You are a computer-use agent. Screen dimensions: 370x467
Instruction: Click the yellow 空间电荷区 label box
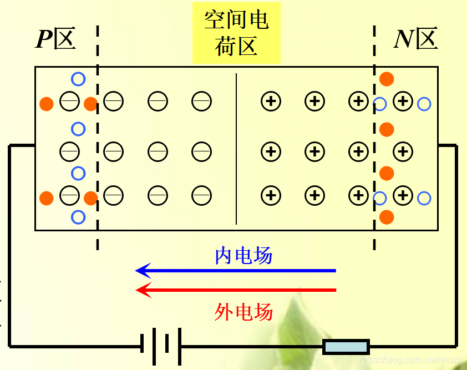coord(236,33)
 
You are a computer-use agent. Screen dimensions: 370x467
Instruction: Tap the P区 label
coord(55,39)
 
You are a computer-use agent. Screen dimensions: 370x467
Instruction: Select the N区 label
coord(415,39)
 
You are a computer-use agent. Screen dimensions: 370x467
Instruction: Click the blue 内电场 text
coord(243,256)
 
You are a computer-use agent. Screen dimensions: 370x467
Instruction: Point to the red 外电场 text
coord(243,312)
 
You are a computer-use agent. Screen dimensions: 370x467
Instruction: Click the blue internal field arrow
coord(236,271)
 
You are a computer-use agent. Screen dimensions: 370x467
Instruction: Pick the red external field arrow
coord(236,290)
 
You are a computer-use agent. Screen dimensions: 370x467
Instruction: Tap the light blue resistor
coord(346,347)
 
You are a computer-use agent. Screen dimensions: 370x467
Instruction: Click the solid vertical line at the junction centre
coord(236,149)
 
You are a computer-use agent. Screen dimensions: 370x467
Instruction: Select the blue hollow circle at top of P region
coord(78,79)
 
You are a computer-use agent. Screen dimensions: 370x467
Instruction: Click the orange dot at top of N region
coord(387,79)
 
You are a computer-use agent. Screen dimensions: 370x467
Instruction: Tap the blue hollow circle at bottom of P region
coord(78,217)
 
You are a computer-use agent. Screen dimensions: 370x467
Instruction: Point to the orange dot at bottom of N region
coord(387,217)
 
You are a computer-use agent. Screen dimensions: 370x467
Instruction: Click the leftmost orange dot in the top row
coord(47,103)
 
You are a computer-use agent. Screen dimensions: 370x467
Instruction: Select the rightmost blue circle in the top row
coord(424,103)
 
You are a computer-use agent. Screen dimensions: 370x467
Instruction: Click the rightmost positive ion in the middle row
coord(403,151)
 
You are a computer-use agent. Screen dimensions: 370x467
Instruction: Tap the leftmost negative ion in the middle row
coord(69,151)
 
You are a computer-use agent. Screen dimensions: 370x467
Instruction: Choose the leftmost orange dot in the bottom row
coord(47,197)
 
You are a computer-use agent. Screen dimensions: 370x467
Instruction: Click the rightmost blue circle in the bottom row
coord(424,197)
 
